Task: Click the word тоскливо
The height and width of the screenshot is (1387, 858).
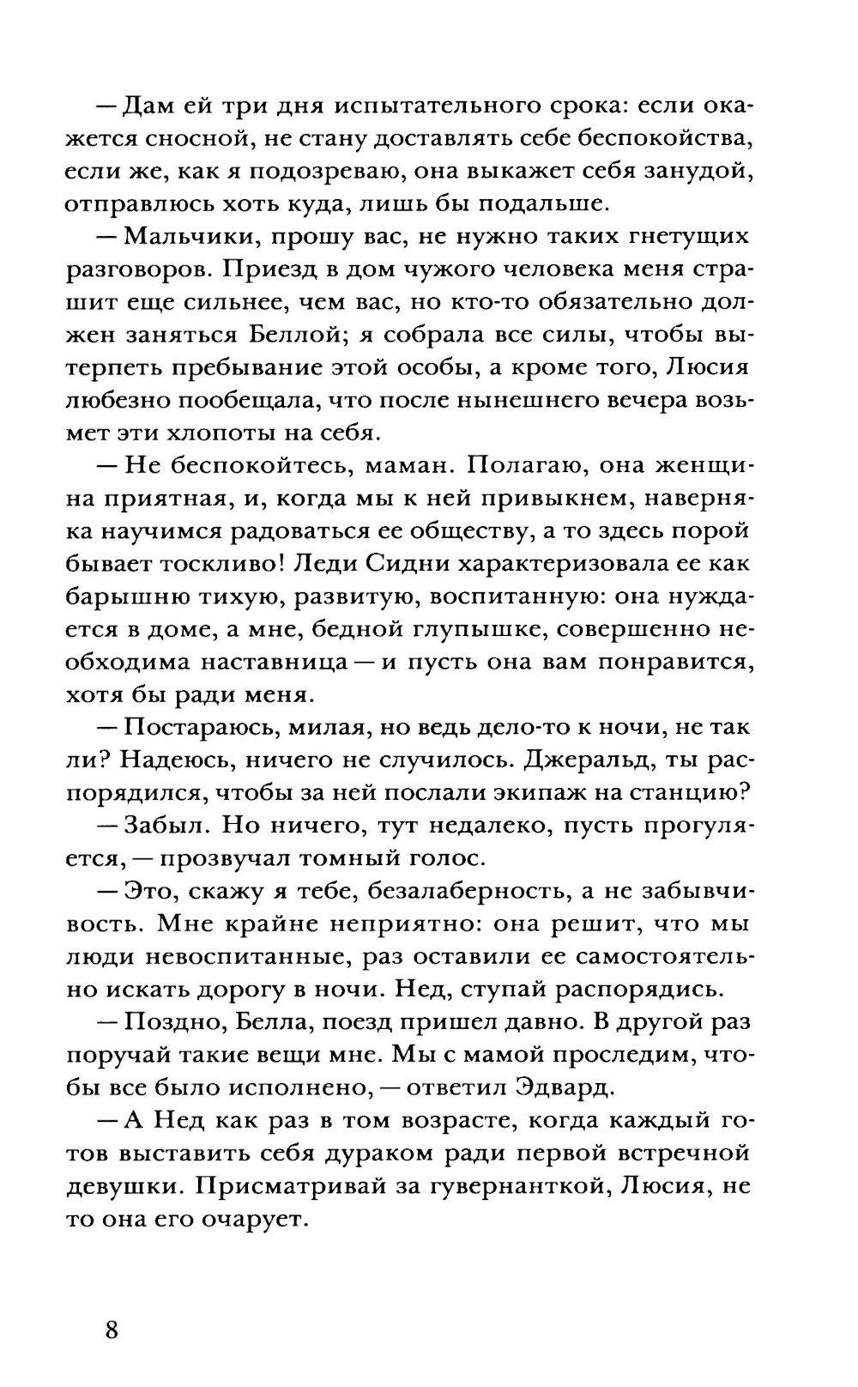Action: tap(210, 563)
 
